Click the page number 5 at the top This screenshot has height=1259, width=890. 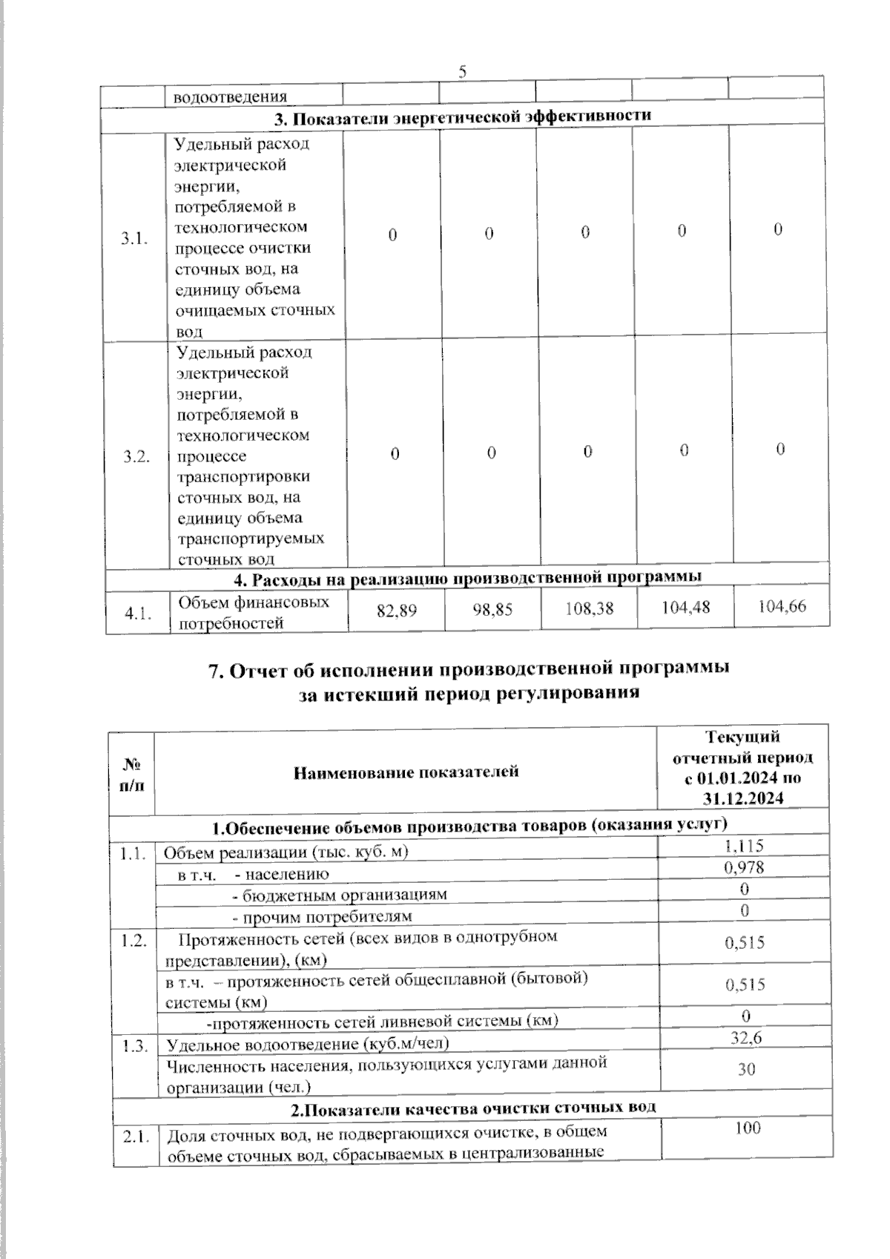pyautogui.click(x=463, y=71)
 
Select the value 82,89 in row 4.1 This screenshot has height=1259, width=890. pyautogui.click(x=397, y=611)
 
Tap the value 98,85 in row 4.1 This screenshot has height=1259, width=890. pyautogui.click(x=492, y=611)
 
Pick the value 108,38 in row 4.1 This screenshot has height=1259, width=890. pyautogui.click(x=590, y=609)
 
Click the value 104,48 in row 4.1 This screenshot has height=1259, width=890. pyautogui.click(x=686, y=608)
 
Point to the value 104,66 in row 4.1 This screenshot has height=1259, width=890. pyautogui.click(x=782, y=606)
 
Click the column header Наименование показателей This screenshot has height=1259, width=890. pyautogui.click(x=406, y=772)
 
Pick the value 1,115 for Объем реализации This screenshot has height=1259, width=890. pyautogui.click(x=744, y=845)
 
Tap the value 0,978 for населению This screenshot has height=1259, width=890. pyautogui.click(x=744, y=867)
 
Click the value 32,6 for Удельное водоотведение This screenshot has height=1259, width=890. pyautogui.click(x=746, y=1038)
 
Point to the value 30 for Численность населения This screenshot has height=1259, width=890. pyautogui.click(x=747, y=1069)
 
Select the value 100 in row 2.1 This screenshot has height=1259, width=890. pyautogui.click(x=748, y=1128)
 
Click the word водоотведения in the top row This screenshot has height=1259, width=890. pyautogui.click(x=230, y=96)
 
